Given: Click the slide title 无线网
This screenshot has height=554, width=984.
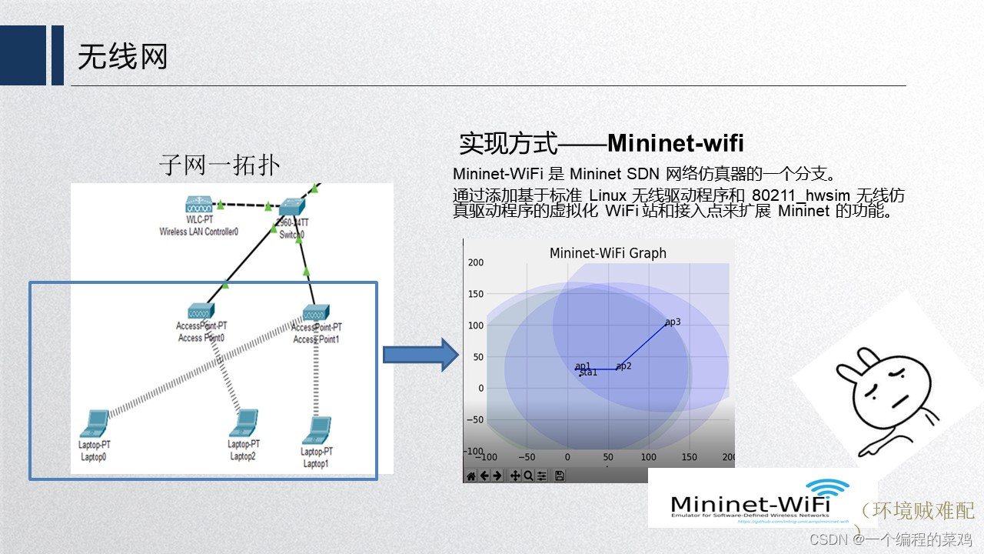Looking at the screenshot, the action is click(122, 57).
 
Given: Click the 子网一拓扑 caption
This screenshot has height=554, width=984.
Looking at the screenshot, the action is click(219, 165).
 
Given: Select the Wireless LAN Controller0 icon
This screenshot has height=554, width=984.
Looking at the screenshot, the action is click(198, 205).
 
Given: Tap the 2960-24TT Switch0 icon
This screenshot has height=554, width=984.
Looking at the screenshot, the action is click(292, 207).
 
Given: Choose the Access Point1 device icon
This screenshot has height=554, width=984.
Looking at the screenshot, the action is click(316, 312).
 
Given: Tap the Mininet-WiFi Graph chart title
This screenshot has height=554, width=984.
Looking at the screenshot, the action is click(607, 253).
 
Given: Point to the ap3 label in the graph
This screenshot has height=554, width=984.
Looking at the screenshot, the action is click(673, 322).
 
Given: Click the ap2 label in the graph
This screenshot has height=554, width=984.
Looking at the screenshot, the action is click(623, 366).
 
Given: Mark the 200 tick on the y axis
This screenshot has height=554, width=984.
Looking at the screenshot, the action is click(475, 262).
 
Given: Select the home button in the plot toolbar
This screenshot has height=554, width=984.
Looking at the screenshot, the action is click(471, 476).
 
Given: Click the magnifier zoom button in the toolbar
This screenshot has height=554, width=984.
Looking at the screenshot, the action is click(529, 476).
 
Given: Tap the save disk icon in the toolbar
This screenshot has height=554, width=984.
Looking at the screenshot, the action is click(560, 476).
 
